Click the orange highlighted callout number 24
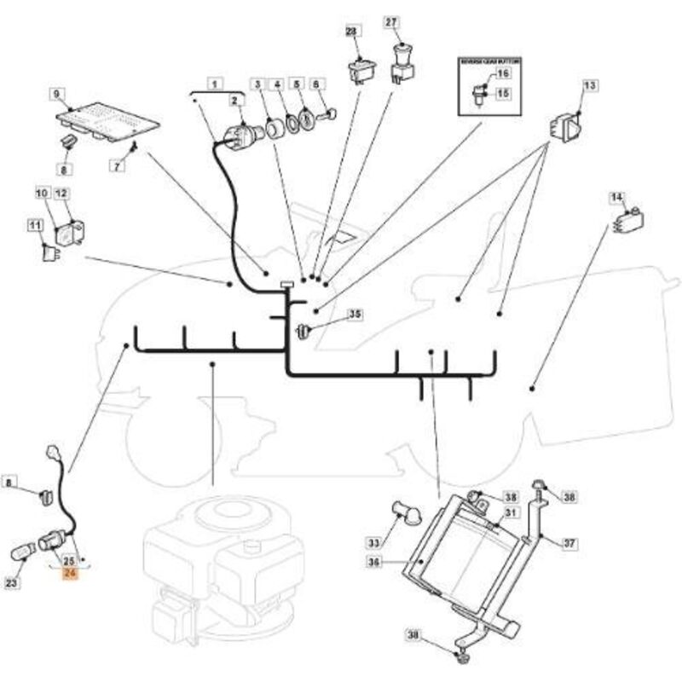69,574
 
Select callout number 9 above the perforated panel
57,93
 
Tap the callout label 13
590,85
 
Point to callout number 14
616,199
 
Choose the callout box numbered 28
352,32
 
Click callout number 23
11,583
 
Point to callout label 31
511,512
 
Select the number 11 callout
35,225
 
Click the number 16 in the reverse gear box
503,75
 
